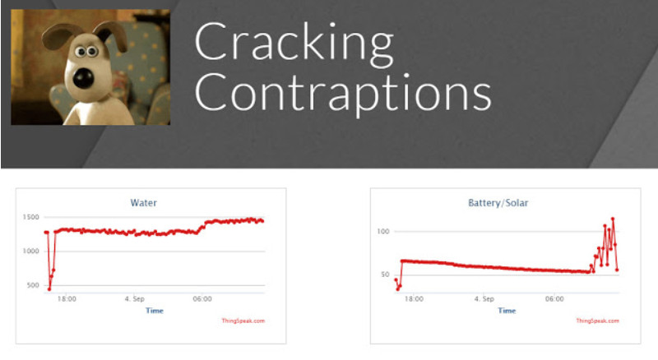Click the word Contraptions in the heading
pyautogui.click(x=343, y=94)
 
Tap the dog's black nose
pyautogui.click(x=83, y=78)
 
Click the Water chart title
pyautogui.click(x=143, y=203)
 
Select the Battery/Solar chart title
pyautogui.click(x=498, y=203)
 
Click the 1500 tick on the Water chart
pyautogui.click(x=30, y=217)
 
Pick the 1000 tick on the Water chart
pyautogui.click(x=30, y=251)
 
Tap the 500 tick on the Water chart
pyautogui.click(x=33, y=285)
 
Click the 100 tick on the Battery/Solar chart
pyautogui.click(x=383, y=231)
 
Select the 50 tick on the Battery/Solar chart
pyautogui.click(x=385, y=275)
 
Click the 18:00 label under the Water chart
pyautogui.click(x=67, y=298)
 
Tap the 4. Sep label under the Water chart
pyautogui.click(x=134, y=298)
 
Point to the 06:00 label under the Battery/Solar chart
pyautogui.click(x=554, y=298)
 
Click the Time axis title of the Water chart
pyautogui.click(x=155, y=311)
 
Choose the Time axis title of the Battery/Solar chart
pyautogui.click(x=507, y=311)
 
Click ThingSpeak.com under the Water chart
pyautogui.click(x=243, y=321)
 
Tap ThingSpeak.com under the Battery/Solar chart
pyautogui.click(x=597, y=321)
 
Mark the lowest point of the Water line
pyautogui.click(x=49, y=289)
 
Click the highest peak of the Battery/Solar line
pyautogui.click(x=613, y=219)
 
